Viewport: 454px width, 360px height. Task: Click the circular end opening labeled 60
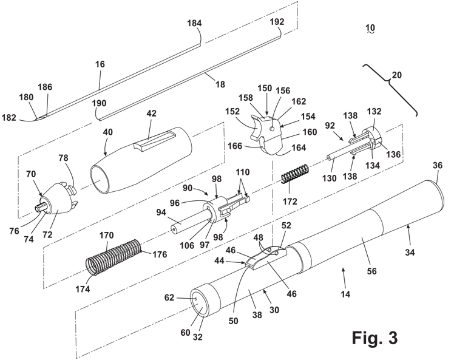198,302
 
